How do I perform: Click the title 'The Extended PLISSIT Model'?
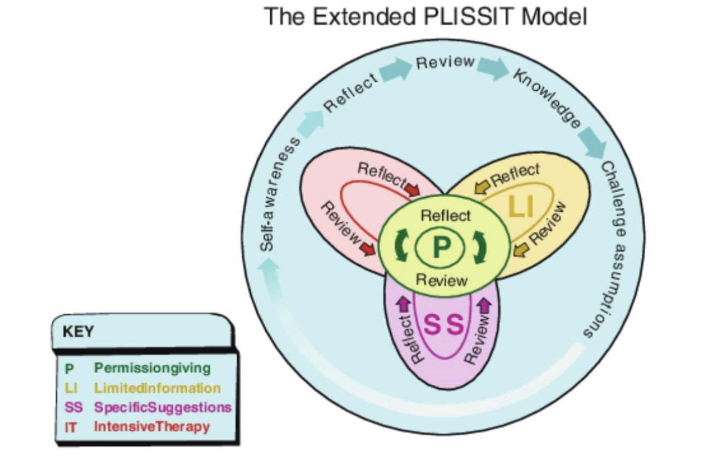[425, 17]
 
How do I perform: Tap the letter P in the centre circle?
[441, 247]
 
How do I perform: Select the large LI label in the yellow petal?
[521, 207]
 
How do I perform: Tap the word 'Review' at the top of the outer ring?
[445, 62]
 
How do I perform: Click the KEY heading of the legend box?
[78, 332]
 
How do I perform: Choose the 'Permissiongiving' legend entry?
[152, 368]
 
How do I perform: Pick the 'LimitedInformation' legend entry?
[157, 388]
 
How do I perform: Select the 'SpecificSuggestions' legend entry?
[162, 407]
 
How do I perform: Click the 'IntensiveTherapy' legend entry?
[152, 427]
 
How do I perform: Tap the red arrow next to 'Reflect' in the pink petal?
[412, 189]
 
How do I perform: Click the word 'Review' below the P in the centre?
[442, 279]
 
